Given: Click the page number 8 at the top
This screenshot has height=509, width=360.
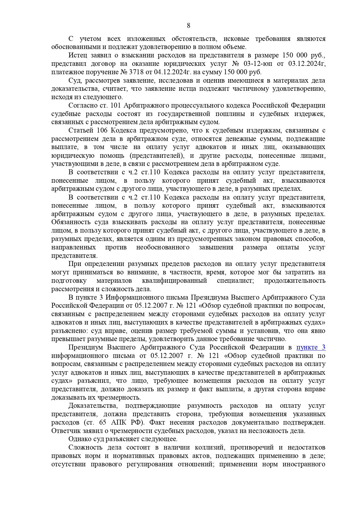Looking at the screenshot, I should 189,26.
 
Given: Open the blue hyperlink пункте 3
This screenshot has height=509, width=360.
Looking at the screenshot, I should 311,347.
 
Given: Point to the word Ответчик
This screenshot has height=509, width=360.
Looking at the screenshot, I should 65,431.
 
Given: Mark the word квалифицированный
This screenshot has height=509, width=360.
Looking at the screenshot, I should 174,280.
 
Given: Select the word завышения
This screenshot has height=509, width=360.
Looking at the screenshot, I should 216,247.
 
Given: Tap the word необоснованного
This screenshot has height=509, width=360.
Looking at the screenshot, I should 163,247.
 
